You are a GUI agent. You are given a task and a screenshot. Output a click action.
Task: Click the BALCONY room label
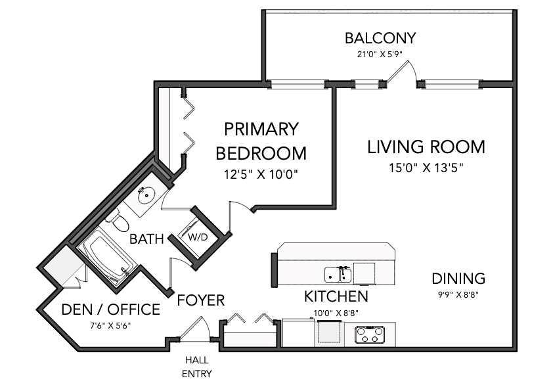[380, 38]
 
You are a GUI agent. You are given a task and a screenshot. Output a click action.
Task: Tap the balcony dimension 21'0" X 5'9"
[380, 55]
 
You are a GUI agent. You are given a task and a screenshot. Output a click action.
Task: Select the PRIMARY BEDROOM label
[261, 141]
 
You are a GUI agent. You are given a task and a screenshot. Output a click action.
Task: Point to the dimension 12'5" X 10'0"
[261, 174]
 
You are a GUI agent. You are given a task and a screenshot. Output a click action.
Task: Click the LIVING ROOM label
[426, 147]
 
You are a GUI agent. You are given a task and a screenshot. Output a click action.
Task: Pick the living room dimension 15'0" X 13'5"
[426, 168]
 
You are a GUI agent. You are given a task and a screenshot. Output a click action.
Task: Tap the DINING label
[458, 279]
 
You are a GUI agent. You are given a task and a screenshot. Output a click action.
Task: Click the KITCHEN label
[336, 296]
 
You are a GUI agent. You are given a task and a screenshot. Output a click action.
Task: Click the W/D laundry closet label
[198, 237]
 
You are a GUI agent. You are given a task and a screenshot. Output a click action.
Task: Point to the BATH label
[146, 239]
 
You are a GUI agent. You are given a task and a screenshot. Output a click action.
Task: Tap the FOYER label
[201, 300]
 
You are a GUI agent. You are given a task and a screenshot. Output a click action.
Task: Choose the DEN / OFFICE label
[111, 310]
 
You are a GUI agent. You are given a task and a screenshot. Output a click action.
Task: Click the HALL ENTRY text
[197, 367]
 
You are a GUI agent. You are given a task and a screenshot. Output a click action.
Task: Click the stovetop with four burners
[370, 335]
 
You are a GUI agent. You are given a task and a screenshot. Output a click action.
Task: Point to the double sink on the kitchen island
[338, 275]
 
